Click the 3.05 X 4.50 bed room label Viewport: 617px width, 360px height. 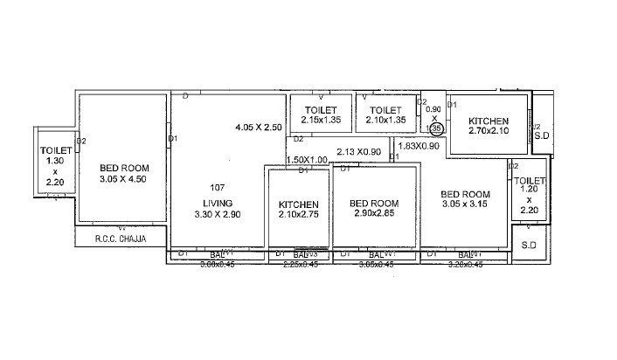pos(123,174)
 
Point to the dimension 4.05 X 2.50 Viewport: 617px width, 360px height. pos(259,128)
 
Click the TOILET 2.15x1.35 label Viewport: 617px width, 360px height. pos(321,115)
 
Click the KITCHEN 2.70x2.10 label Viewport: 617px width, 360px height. pos(488,127)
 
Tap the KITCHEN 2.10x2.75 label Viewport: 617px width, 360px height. pos(298,208)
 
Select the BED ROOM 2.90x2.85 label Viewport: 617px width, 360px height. pos(374,208)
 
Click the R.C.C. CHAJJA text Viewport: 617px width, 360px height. pos(121,238)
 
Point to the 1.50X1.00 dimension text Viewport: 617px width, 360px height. pos(307,160)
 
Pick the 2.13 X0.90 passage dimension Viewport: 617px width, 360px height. pos(358,151)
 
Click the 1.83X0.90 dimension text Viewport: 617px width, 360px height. pos(419,146)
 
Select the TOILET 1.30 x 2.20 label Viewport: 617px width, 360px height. pos(53,167)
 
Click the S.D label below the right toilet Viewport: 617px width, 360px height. pos(529,246)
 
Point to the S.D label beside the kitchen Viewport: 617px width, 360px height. pos(541,136)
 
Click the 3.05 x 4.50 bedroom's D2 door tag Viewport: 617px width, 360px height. pos(80,140)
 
